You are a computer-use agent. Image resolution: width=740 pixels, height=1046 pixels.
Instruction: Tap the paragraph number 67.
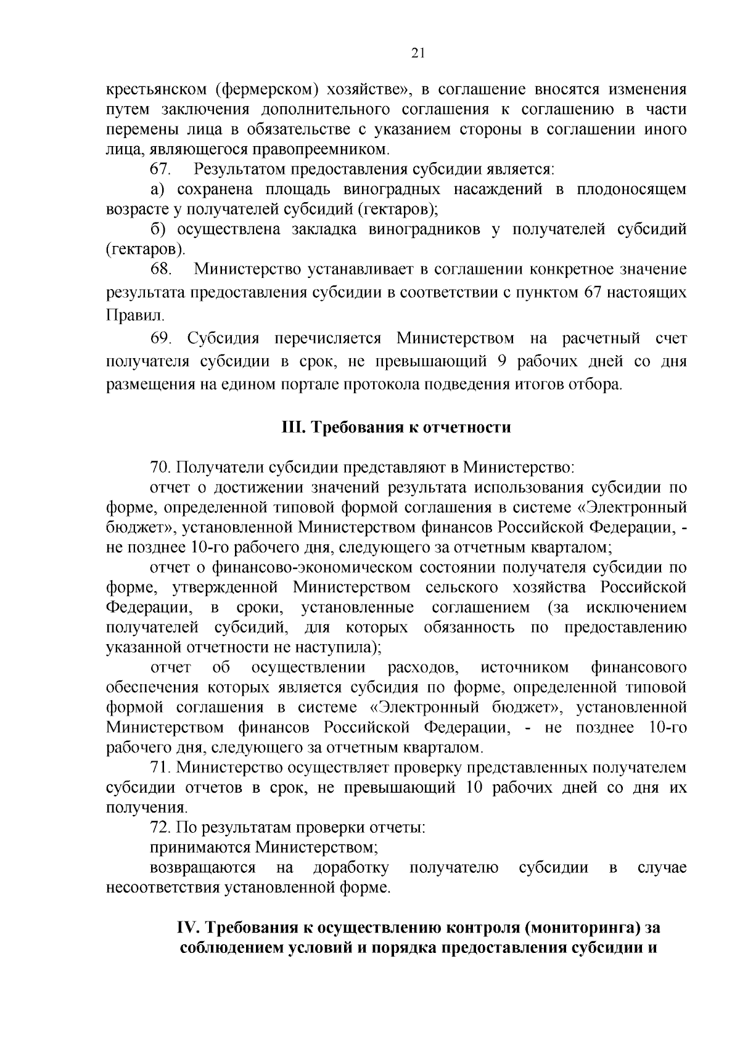[x=161, y=169]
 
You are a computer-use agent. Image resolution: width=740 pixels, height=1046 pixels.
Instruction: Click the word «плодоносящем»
[x=631, y=189]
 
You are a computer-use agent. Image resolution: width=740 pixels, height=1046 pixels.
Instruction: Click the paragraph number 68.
[x=161, y=270]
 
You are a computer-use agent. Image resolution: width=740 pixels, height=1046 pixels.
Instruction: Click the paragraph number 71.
[x=160, y=767]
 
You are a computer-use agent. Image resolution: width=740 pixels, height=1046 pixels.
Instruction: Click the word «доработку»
[x=351, y=868]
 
